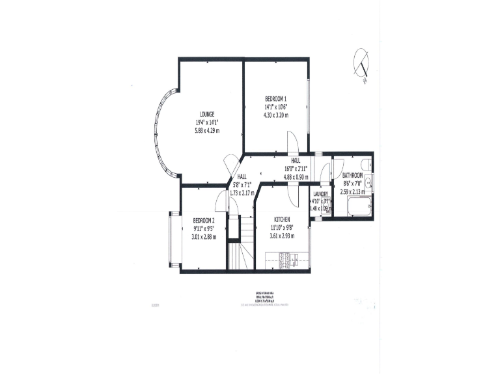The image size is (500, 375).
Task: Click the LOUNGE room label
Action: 208,114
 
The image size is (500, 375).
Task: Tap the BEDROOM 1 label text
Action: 276,98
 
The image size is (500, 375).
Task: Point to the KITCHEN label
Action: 282,219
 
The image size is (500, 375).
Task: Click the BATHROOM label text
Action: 352,175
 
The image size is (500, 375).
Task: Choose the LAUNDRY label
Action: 320,194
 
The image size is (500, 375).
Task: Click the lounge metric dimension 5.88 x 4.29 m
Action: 208,131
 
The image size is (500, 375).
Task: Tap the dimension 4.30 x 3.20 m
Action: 276,115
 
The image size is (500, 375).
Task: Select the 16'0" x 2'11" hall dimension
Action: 295,167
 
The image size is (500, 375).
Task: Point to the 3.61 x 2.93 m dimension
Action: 282,236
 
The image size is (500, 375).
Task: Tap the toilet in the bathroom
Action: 365,163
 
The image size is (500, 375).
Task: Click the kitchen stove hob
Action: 285,261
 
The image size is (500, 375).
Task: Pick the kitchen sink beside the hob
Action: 299,261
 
